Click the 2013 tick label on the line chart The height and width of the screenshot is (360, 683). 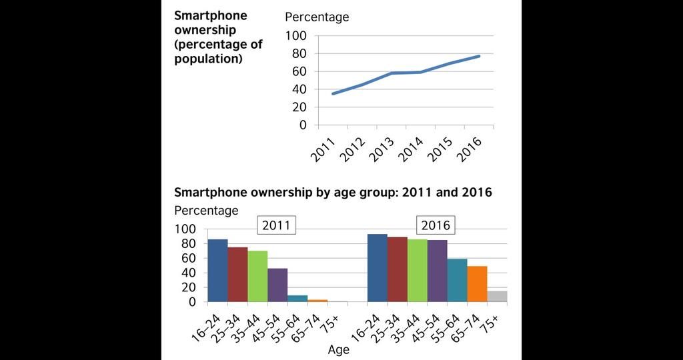pos(382,146)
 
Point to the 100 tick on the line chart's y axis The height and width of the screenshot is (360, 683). pos(296,35)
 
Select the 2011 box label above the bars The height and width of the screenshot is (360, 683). pos(276,225)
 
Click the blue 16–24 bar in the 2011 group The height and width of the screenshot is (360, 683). pos(217,271)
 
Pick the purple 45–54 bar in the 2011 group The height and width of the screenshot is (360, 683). pos(277,285)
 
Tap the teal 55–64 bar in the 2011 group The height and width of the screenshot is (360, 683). pos(297,299)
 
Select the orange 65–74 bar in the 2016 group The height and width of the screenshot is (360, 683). pos(477,284)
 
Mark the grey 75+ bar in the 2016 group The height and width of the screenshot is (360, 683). pos(497,297)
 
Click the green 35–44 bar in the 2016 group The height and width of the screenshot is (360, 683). pos(417,271)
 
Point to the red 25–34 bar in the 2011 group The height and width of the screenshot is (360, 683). pos(237,275)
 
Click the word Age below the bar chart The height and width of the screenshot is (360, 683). pos(339,349)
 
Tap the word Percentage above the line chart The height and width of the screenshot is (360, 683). pos(317,17)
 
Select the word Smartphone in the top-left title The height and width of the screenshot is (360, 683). pos(211,15)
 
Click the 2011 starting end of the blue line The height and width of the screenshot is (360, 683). pos(332,93)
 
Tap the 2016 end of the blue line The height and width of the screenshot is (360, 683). pos(479,56)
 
